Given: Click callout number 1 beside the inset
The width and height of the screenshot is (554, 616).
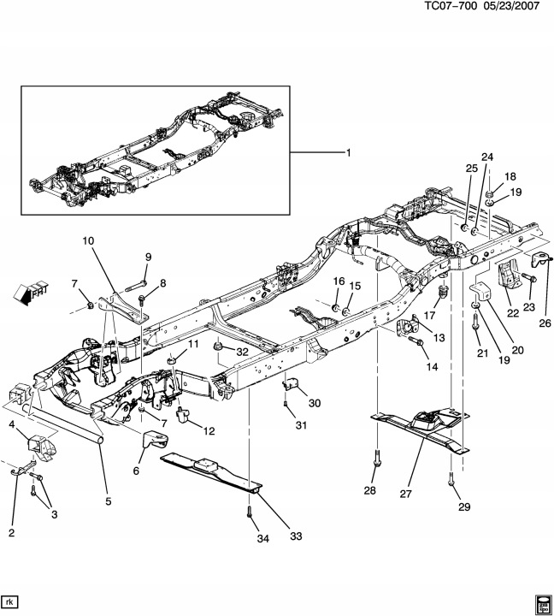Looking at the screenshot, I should (348, 153).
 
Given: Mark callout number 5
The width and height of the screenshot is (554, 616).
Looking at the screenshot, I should (107, 501).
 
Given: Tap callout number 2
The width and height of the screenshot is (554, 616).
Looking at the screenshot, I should (12, 533).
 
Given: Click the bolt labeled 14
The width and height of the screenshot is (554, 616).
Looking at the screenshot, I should (415, 341).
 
